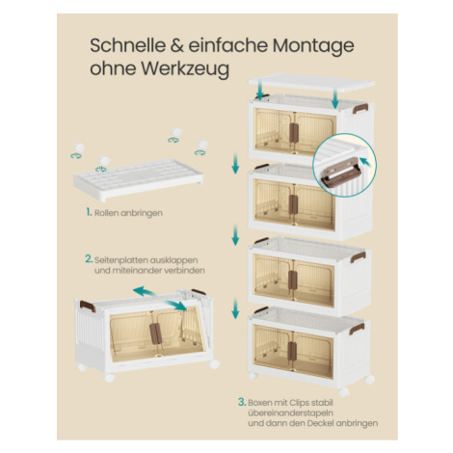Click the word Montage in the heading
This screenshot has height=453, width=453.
click(313, 46)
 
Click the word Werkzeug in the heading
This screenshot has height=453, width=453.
click(185, 68)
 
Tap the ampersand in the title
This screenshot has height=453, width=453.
click(176, 45)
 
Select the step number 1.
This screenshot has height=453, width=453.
click(89, 212)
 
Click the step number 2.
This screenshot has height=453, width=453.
click(89, 259)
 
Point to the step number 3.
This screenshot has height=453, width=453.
click(242, 402)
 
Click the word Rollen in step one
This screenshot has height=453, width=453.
click(106, 213)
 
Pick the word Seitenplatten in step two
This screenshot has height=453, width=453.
click(120, 259)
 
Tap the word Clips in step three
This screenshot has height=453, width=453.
click(299, 403)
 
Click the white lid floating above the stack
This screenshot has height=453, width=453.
click(311, 82)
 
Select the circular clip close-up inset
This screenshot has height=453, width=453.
click(344, 166)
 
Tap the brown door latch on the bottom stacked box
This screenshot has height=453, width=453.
click(292, 351)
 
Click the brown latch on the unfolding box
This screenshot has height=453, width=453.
click(155, 333)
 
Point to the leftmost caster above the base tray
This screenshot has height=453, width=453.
click(78, 150)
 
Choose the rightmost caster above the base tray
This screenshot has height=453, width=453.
click(201, 147)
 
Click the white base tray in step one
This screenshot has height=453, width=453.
click(138, 180)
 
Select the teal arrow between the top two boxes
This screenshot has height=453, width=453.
click(235, 163)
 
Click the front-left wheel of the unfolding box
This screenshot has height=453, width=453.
click(109, 377)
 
